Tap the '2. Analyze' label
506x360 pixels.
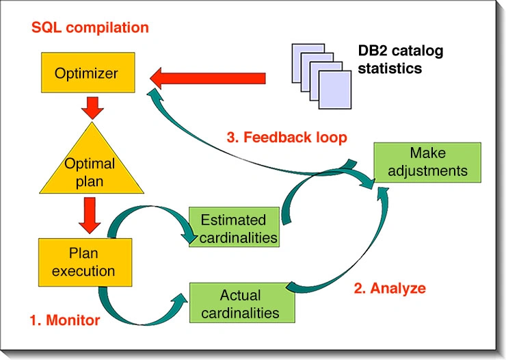coord(390,288)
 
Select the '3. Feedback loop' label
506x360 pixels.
coord(287,137)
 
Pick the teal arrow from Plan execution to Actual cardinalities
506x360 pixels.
coord(140,311)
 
